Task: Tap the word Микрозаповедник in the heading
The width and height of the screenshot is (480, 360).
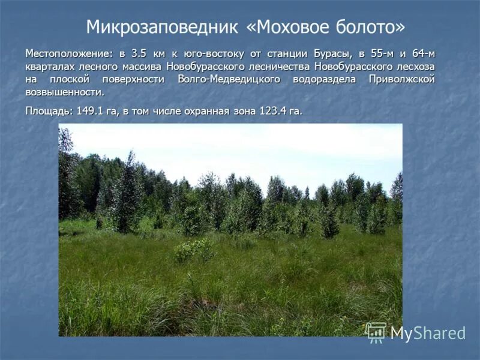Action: coord(163,27)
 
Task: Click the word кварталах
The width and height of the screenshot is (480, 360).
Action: coord(48,66)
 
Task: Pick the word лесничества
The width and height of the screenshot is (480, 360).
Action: coord(280,66)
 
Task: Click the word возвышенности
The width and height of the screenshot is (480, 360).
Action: coord(65,92)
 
